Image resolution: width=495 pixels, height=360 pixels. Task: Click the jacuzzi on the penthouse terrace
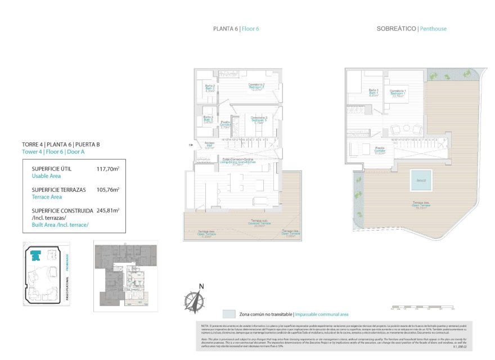pyautogui.click(x=420, y=180)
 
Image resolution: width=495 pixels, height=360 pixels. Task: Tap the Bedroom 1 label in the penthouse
pyautogui.click(x=398, y=93)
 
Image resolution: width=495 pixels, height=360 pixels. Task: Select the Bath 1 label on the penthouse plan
pyautogui.click(x=373, y=93)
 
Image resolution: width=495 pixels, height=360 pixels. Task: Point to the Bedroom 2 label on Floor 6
pyautogui.click(x=256, y=87)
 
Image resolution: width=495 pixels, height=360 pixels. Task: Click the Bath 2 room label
pyautogui.click(x=209, y=88)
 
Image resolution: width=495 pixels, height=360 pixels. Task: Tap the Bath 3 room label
pyautogui.click(x=208, y=119)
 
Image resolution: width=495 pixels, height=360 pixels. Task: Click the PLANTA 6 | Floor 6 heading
pyautogui.click(x=236, y=29)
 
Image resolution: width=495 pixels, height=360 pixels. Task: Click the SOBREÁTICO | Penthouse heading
pyautogui.click(x=411, y=29)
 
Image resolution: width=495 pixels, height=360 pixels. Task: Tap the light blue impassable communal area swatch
pyautogui.click(x=229, y=314)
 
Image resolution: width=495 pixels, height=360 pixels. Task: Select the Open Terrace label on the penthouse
pyautogui.click(x=418, y=206)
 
